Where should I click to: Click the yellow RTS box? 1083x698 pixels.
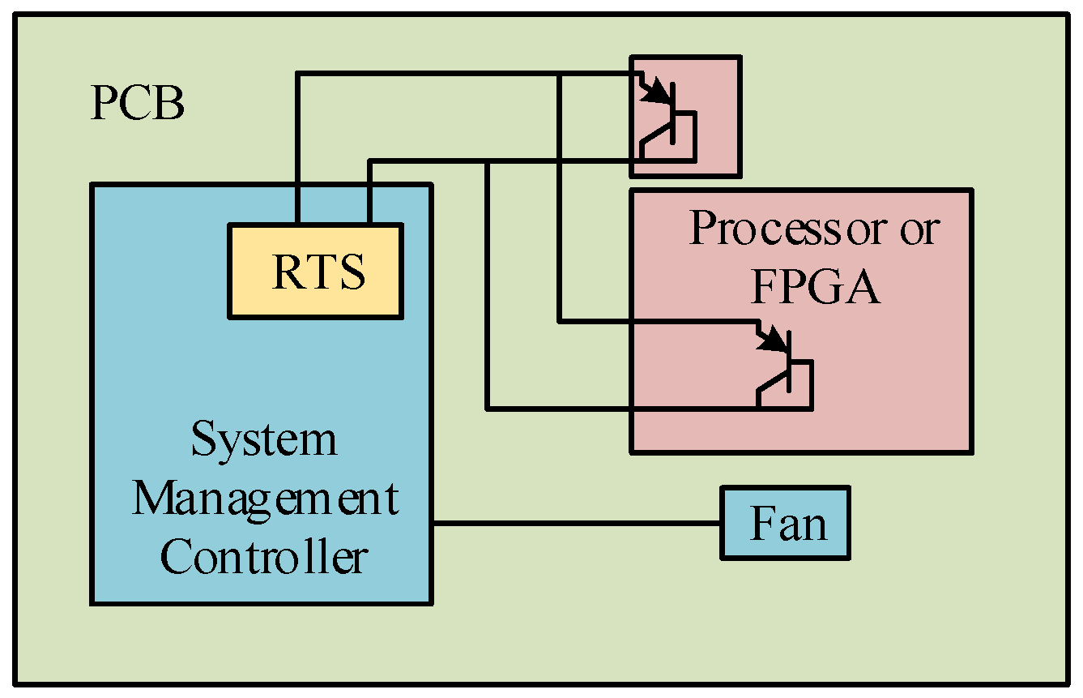[x=316, y=271]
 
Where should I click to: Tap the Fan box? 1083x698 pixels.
[x=785, y=523]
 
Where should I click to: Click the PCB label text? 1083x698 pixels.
[x=137, y=105]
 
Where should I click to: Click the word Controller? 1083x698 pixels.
[x=263, y=557]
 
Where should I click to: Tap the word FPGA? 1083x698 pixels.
[x=815, y=287]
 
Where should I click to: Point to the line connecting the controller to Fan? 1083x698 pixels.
[x=575, y=524]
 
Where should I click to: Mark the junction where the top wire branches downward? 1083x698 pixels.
[x=559, y=75]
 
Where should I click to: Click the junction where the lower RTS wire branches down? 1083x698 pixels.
[x=487, y=161]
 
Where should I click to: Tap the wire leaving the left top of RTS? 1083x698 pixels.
[x=298, y=146]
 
